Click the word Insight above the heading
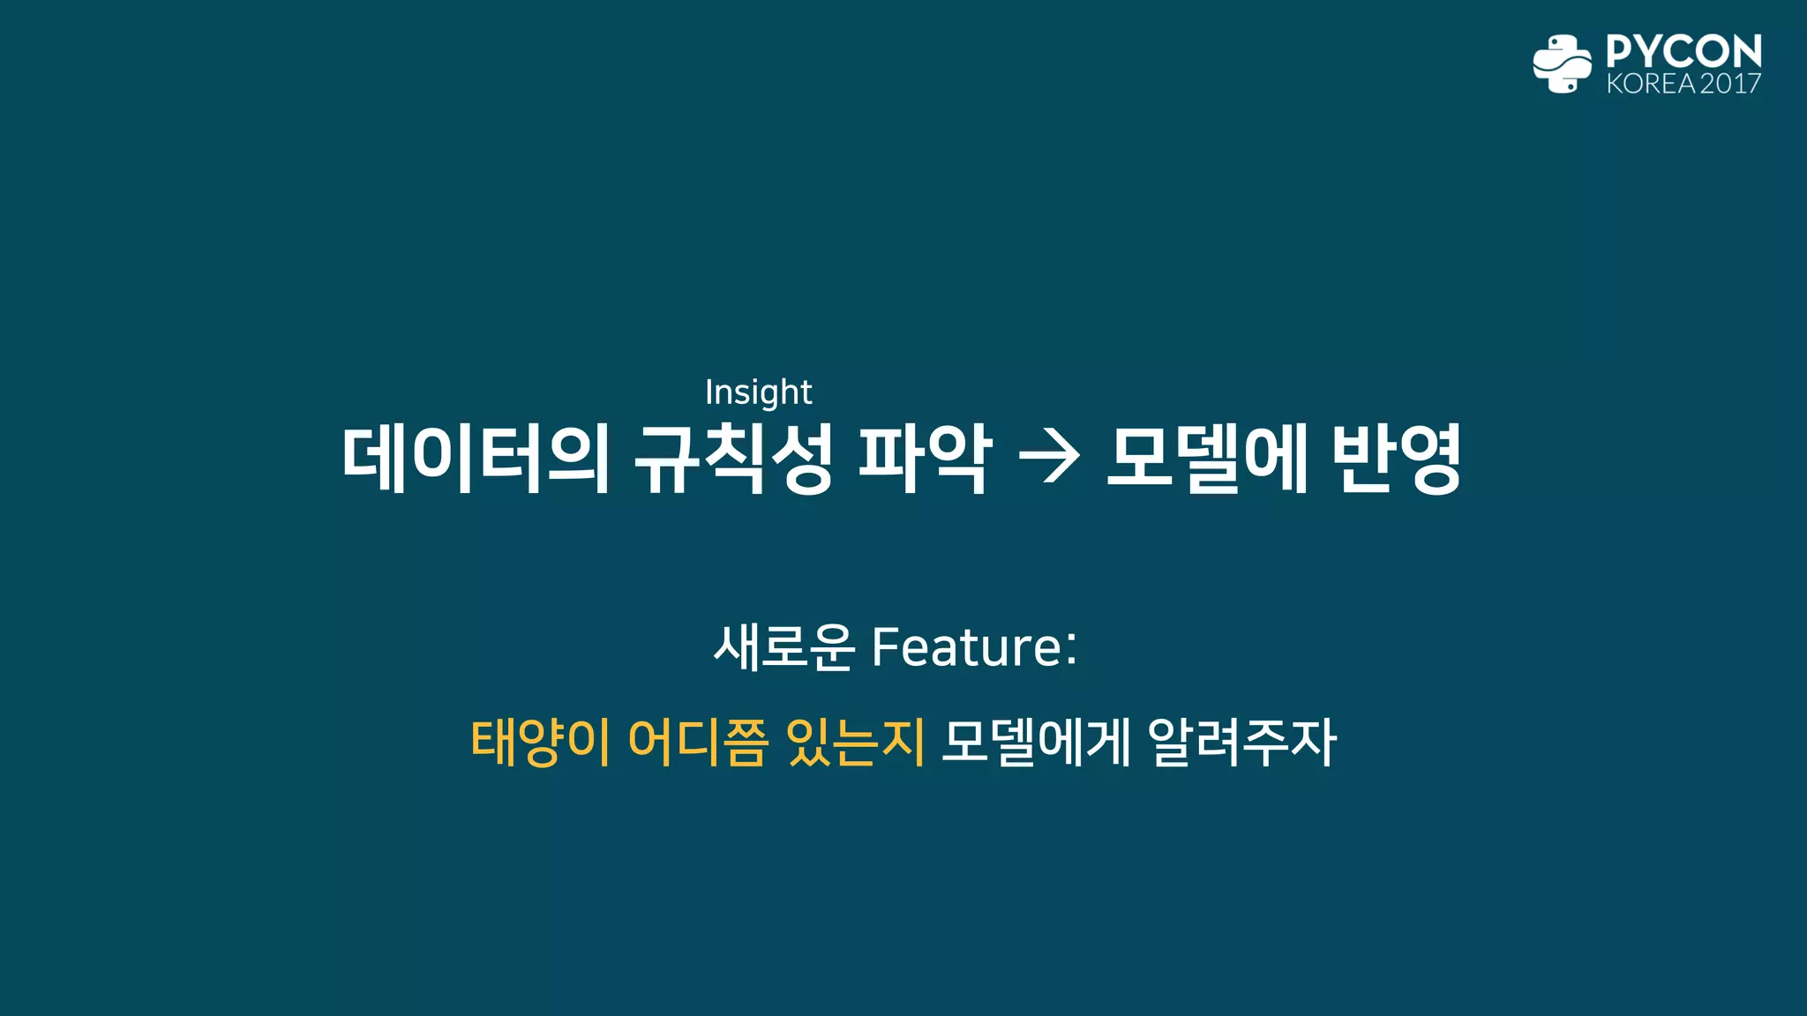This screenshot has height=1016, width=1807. [758, 392]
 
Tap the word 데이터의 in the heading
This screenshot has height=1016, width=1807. [476, 458]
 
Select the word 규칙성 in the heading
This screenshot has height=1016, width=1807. [733, 458]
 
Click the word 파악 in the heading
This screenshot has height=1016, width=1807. [925, 458]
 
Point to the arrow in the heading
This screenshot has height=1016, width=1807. [1048, 458]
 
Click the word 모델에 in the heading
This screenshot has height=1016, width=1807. [1206, 458]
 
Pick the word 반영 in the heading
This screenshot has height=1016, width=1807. [1396, 458]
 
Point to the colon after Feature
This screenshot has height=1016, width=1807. [1071, 648]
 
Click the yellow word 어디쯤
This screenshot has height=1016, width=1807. [697, 742]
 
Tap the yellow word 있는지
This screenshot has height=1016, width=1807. [855, 742]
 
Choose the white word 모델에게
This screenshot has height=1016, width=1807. [1035, 742]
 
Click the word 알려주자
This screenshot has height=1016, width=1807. [1242, 742]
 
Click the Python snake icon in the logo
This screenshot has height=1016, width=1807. [1562, 63]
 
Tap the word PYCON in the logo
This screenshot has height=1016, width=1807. [1683, 51]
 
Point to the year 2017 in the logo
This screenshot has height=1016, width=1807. [1730, 84]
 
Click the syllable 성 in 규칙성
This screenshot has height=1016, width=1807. [801, 458]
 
